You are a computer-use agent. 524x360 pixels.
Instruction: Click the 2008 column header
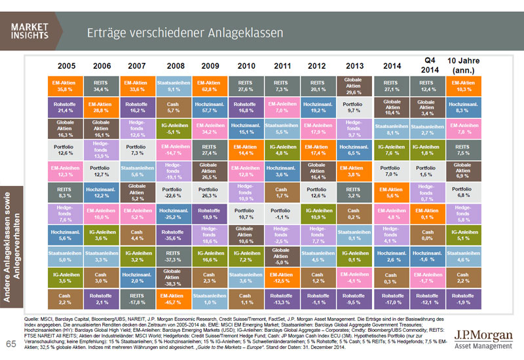pyautogui.click(x=174, y=66)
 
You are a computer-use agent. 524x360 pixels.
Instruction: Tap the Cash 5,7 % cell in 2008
pyautogui.click(x=174, y=107)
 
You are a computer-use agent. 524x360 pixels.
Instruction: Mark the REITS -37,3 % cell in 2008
pyautogui.click(x=174, y=257)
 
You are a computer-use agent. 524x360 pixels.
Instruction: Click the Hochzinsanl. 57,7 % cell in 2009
pyautogui.click(x=210, y=107)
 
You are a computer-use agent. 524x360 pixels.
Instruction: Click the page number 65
pyautogui.click(x=10, y=344)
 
